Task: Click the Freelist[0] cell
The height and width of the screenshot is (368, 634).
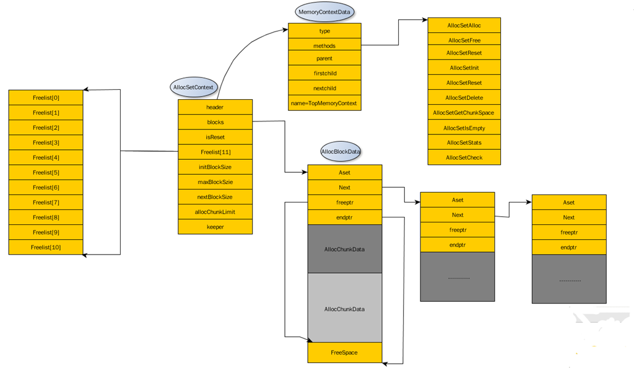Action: (x=46, y=98)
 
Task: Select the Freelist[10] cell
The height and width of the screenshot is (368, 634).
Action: (x=46, y=247)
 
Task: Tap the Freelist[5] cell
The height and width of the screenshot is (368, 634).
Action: (x=46, y=172)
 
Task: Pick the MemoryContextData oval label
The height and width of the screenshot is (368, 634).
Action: (x=326, y=12)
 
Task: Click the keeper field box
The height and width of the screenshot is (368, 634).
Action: (x=215, y=227)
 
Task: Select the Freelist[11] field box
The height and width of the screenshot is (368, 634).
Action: (x=215, y=152)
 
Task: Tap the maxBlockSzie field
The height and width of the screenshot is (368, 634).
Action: (x=215, y=182)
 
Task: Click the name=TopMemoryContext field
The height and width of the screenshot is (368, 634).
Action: (x=324, y=103)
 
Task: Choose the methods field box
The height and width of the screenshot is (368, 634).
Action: (x=324, y=46)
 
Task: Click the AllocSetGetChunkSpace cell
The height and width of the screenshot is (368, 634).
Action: (x=464, y=113)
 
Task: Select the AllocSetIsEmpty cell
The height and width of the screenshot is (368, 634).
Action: (x=464, y=128)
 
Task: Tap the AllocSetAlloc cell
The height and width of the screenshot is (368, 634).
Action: (x=464, y=25)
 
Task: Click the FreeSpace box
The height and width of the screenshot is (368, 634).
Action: (x=344, y=353)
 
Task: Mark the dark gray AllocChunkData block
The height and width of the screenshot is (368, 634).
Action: (x=344, y=249)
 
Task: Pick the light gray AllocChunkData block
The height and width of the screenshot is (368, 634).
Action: (x=344, y=308)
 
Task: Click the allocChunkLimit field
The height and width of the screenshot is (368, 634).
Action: (x=215, y=212)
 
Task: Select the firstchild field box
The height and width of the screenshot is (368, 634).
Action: (x=324, y=73)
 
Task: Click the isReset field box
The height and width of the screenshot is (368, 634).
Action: (x=215, y=137)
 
